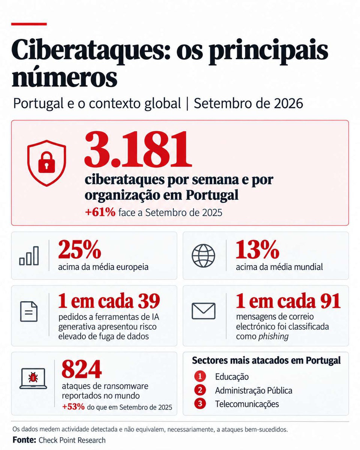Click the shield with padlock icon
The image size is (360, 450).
pyautogui.click(x=46, y=163)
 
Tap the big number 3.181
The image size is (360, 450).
pyautogui.click(x=138, y=149)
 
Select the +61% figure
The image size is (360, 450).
pyautogui.click(x=100, y=213)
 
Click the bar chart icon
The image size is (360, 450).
pyautogui.click(x=29, y=256)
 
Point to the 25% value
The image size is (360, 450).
pyautogui.click(x=80, y=250)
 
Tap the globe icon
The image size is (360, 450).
pyautogui.click(x=203, y=255)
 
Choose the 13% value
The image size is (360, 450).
pyautogui.click(x=257, y=250)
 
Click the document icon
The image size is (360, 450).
pyautogui.click(x=29, y=312)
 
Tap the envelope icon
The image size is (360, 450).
pyautogui.click(x=203, y=311)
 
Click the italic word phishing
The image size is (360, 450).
pyautogui.click(x=273, y=336)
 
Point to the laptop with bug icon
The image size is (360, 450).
pyautogui.click(x=33, y=379)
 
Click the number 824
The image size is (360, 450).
pyautogui.click(x=82, y=369)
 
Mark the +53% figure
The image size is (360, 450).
pyautogui.click(x=73, y=407)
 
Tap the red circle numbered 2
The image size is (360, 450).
pyautogui.click(x=200, y=390)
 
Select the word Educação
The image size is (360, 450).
pyautogui.click(x=232, y=376)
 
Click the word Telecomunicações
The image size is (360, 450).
pyautogui.click(x=247, y=403)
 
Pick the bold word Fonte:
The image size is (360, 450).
pyautogui.click(x=24, y=440)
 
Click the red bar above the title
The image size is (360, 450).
pyautogui.click(x=29, y=24)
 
